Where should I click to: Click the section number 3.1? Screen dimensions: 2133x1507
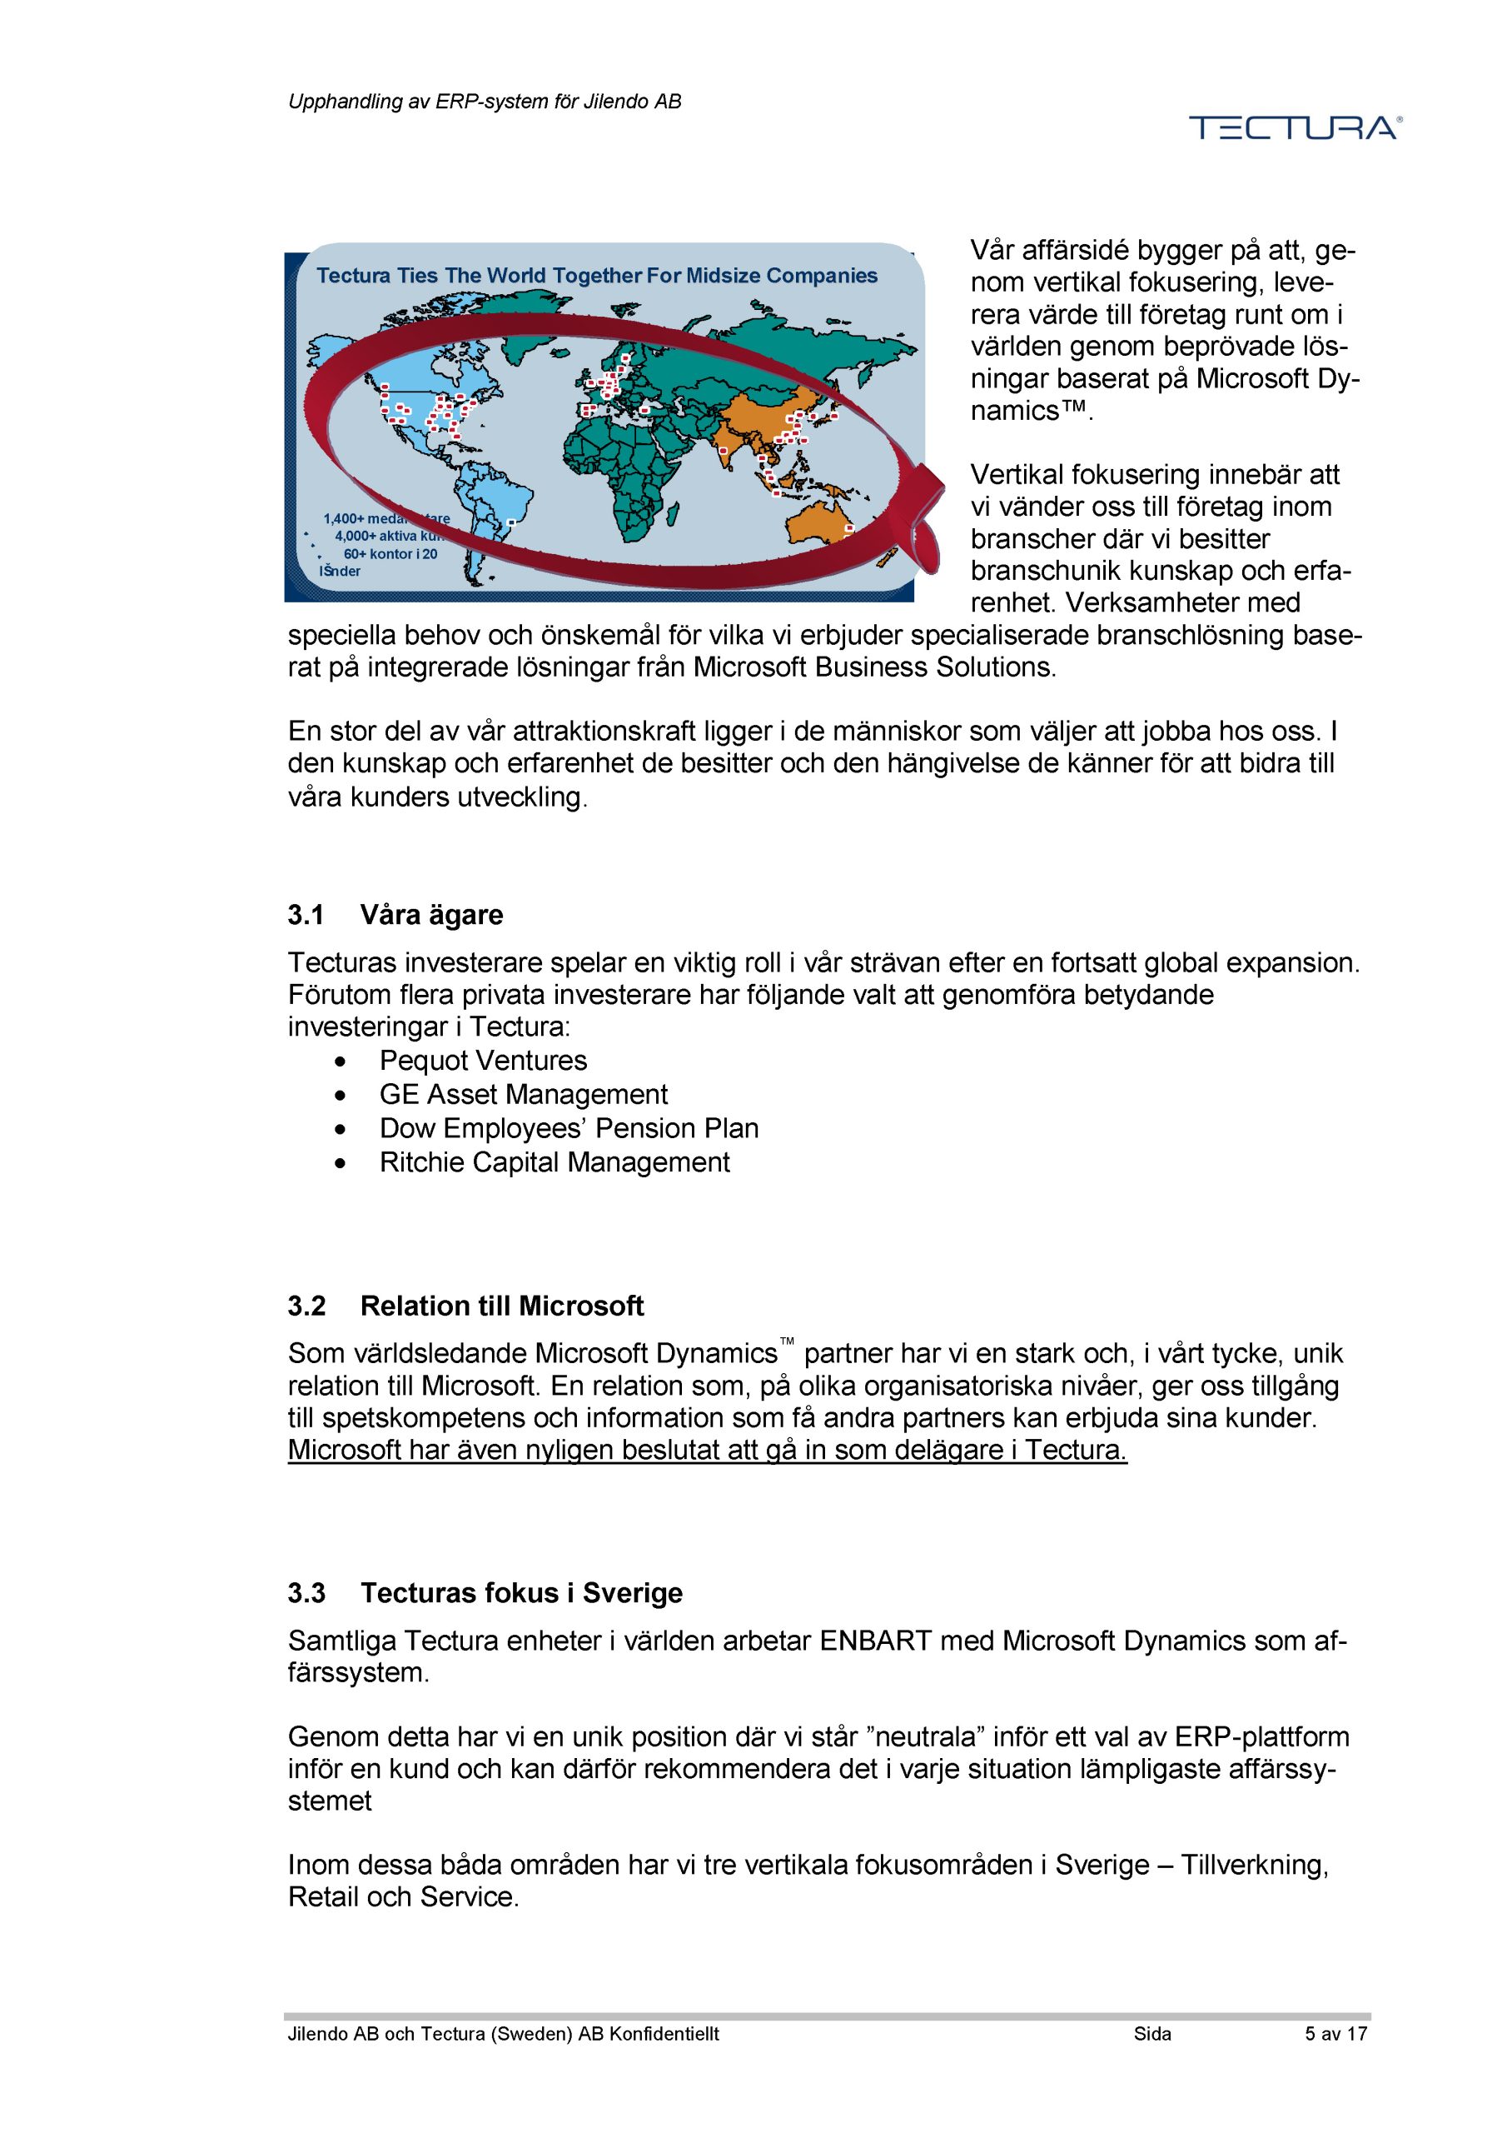(306, 915)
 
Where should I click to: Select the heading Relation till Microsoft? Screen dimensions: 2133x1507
(501, 1306)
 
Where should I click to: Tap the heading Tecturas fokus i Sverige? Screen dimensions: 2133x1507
(521, 1593)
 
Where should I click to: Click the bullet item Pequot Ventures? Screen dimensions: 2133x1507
(483, 1061)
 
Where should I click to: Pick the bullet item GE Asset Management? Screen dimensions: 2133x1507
(523, 1094)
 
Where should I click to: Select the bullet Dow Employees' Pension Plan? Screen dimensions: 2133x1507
(569, 1129)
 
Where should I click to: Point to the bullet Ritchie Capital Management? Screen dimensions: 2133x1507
(555, 1162)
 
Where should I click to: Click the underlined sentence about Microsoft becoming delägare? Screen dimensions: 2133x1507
(707, 1450)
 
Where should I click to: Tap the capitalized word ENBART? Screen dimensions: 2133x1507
(875, 1641)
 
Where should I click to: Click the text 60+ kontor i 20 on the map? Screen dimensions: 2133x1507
(390, 554)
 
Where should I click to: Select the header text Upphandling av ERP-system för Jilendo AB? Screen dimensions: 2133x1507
(484, 102)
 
